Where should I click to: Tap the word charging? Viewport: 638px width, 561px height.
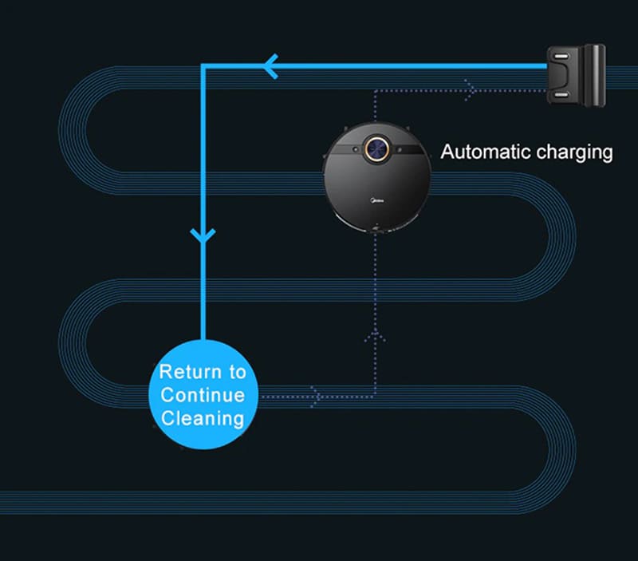click(573, 152)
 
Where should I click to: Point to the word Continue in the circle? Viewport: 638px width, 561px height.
click(203, 394)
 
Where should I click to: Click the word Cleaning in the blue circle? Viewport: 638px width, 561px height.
click(203, 417)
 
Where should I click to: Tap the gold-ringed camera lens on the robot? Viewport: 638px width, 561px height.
click(377, 148)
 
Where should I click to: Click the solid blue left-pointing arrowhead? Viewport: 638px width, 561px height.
click(271, 65)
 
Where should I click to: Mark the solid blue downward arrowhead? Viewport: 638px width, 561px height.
click(204, 235)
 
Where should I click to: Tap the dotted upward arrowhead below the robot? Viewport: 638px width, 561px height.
click(375, 334)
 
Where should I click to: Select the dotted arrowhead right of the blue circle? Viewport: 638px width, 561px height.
click(317, 395)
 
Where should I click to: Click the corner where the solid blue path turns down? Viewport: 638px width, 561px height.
click(205, 67)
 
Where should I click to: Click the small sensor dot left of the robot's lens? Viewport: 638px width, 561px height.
click(352, 148)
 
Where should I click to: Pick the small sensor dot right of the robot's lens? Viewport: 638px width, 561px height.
click(403, 148)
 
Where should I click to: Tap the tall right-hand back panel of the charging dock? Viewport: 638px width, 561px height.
click(593, 76)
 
